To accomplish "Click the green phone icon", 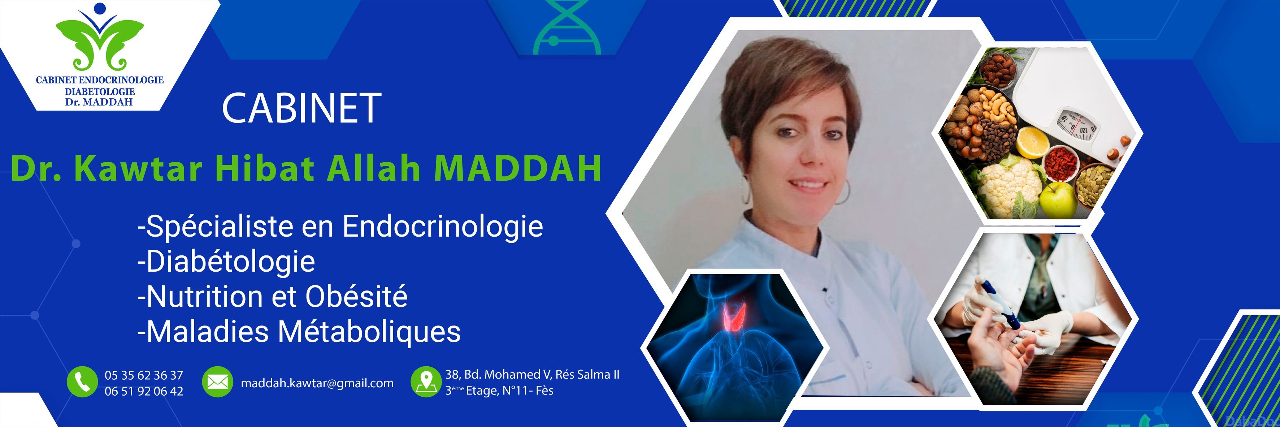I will [82, 382].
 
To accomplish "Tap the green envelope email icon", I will [217, 382].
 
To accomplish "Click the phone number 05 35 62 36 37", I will [144, 375].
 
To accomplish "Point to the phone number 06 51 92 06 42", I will [144, 391].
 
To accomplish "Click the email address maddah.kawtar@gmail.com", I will [317, 383].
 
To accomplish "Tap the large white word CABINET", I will [301, 108].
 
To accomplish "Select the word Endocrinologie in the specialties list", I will [442, 227].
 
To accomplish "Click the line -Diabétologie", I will [226, 262].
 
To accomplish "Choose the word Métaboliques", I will [369, 332].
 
